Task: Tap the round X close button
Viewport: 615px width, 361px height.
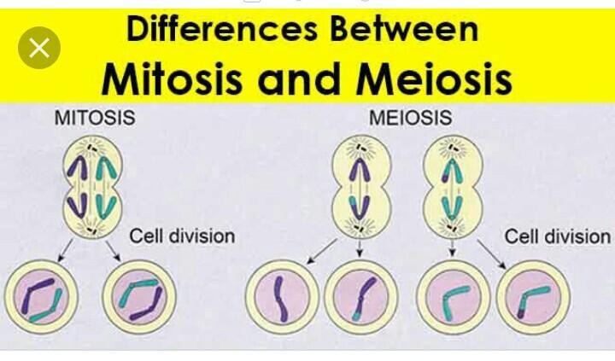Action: coord(39,48)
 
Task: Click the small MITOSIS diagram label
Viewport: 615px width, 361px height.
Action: coord(95,119)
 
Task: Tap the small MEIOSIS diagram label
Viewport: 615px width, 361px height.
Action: coord(410,119)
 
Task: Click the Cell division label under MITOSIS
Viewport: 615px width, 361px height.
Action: coord(182,235)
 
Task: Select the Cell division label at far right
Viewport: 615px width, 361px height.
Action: coord(558,236)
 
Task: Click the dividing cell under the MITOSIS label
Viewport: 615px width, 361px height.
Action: coord(91,189)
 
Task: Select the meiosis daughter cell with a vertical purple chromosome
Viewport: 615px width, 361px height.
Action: coord(281,298)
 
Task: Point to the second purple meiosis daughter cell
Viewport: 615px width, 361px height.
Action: coord(360,298)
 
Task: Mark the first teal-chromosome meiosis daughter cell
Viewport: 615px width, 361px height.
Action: coord(454,298)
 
